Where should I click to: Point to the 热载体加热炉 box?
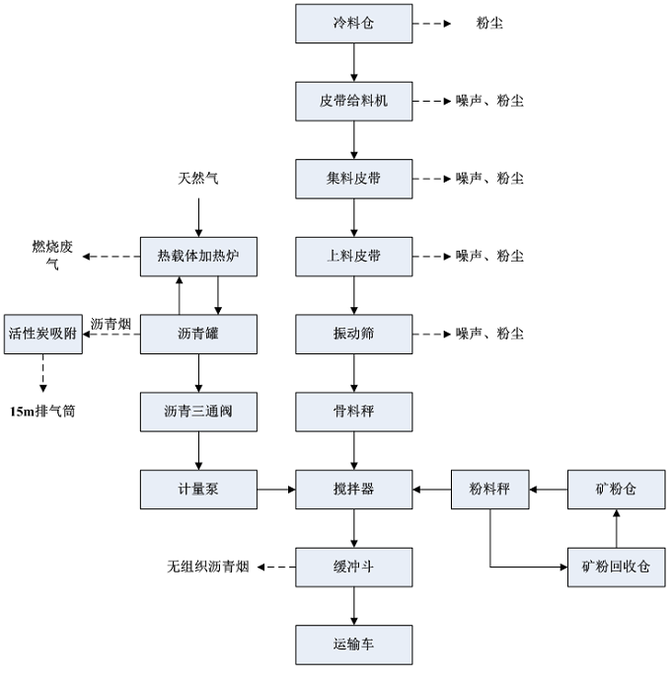(198, 257)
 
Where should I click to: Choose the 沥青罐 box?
(198, 334)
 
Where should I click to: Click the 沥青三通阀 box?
(198, 411)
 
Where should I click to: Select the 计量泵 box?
(198, 489)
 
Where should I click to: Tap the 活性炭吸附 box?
(42, 334)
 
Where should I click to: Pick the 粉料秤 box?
(490, 489)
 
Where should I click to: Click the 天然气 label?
(197, 179)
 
